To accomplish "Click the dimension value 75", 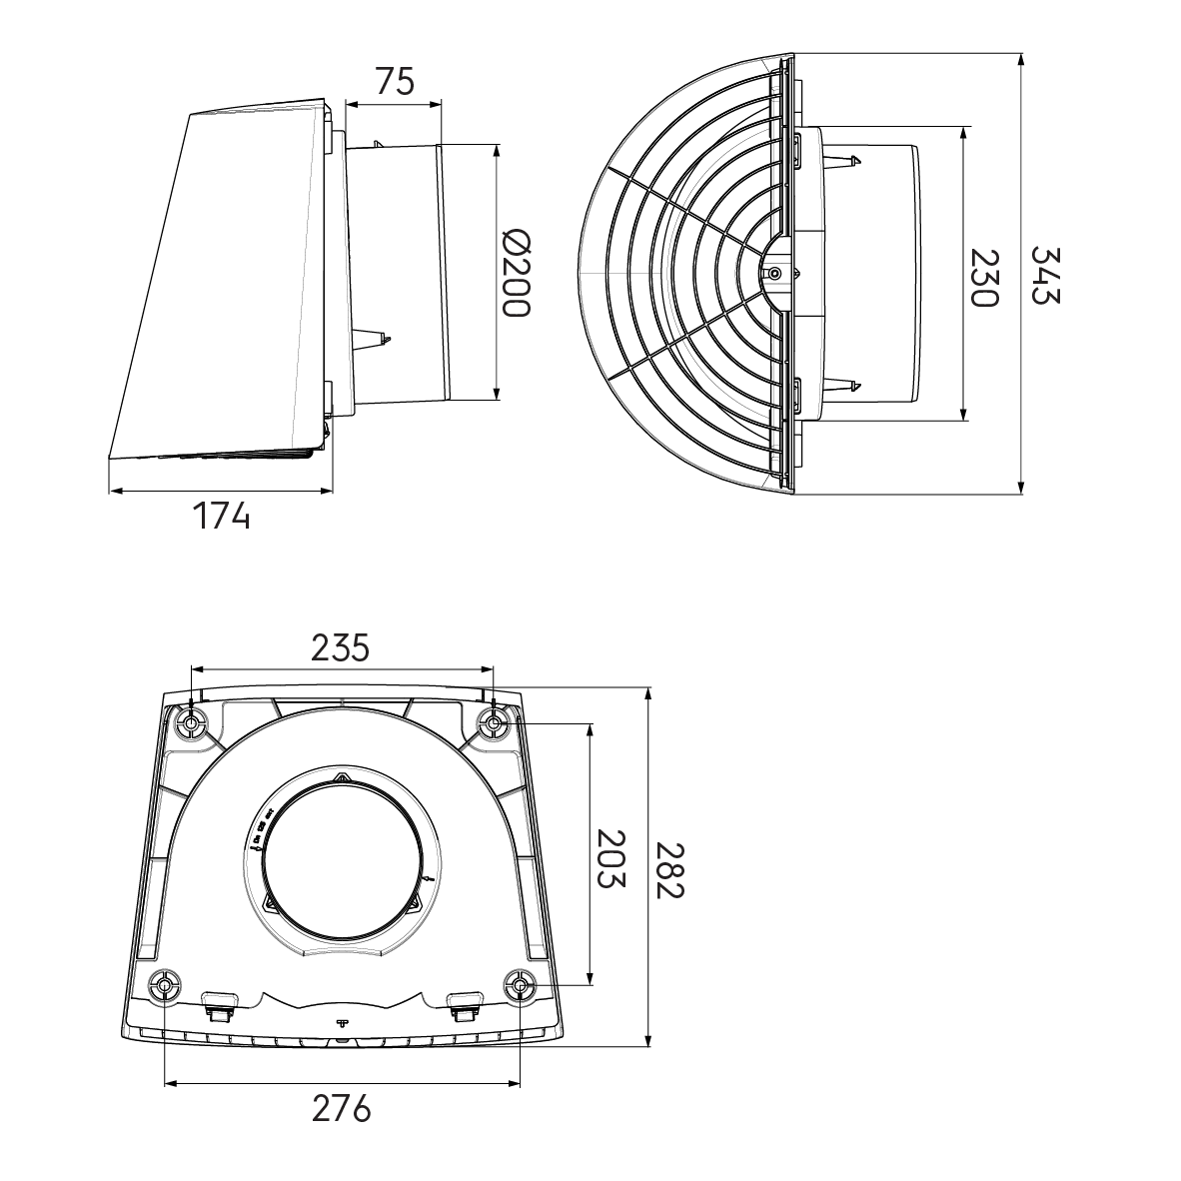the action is point(395,81).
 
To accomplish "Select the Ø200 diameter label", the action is point(516,272).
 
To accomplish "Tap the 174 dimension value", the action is point(221,516).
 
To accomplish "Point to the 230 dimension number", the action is point(983,278).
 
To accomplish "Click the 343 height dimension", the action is point(1045,275).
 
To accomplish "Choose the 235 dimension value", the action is point(341,647).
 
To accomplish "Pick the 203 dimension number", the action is point(610,858).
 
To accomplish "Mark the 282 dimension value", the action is point(668,870).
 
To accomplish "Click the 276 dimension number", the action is point(341,1109).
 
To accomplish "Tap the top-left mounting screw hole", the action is point(191,724).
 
